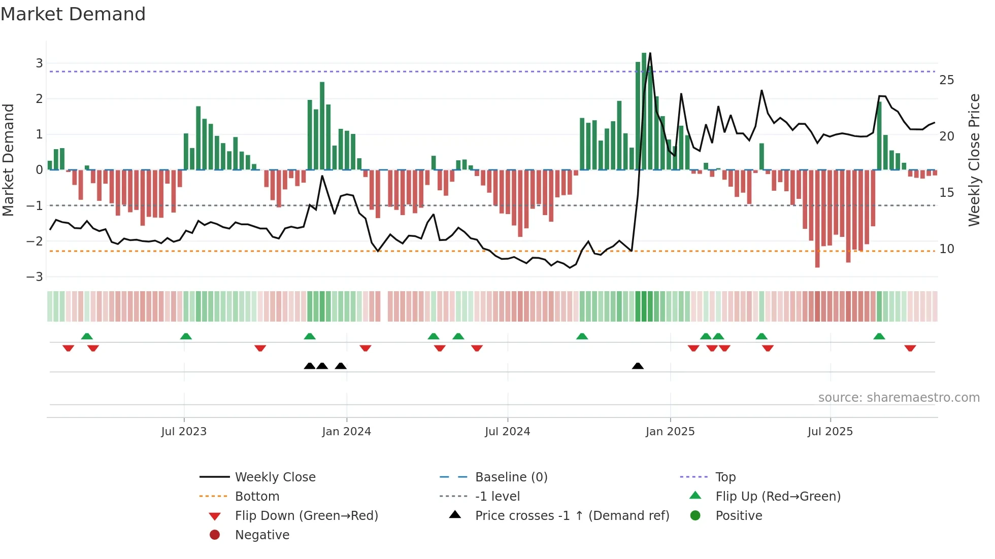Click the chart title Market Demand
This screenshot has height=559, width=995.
click(73, 14)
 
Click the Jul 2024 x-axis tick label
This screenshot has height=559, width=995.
click(507, 432)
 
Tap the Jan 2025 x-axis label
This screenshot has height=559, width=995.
click(670, 432)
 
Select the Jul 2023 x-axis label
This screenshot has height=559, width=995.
click(184, 432)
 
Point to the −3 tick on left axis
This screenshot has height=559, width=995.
click(35, 277)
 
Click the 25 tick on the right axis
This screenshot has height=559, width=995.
click(946, 80)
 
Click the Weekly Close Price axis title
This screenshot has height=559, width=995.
click(974, 160)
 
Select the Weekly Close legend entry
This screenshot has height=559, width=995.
click(275, 477)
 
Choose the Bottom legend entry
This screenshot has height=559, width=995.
click(257, 497)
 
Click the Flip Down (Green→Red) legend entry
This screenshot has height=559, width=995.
click(306, 516)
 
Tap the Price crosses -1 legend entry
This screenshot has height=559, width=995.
click(572, 516)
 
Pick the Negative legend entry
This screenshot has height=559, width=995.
click(262, 535)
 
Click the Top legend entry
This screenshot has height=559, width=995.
click(725, 477)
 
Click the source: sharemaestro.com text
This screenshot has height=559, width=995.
click(899, 398)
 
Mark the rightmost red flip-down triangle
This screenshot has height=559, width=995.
click(910, 348)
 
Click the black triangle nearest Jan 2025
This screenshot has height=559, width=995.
click(638, 366)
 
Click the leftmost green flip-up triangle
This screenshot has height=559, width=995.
click(87, 336)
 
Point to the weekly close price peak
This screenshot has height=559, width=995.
click(650, 53)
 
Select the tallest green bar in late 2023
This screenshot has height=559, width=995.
click(322, 126)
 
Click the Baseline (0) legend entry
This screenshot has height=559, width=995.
click(511, 477)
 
